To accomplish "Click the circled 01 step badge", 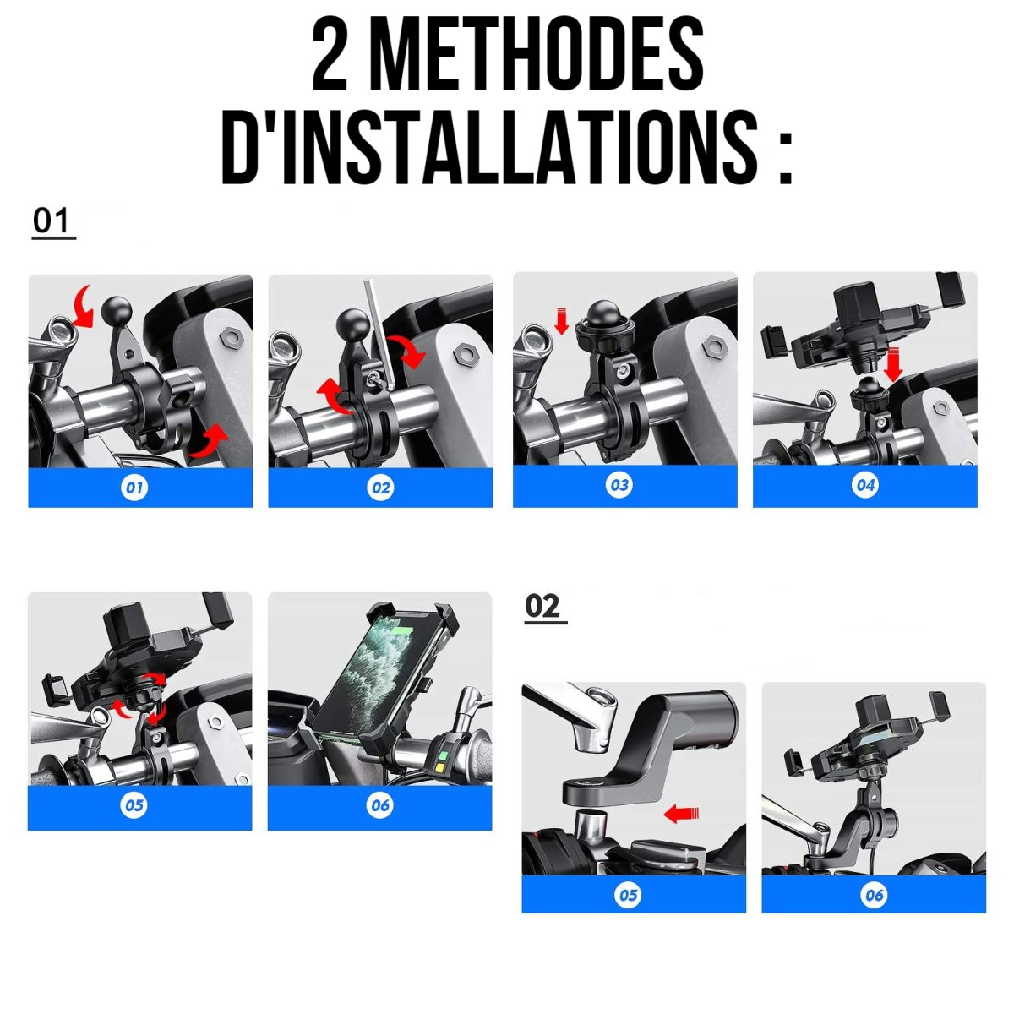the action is click(x=134, y=488).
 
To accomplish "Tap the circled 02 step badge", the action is click(x=380, y=488).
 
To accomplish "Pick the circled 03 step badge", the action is click(x=619, y=485).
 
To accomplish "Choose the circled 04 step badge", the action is click(x=865, y=485).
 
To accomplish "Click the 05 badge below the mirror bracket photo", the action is click(x=629, y=895).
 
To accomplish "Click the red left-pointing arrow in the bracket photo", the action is click(x=681, y=814).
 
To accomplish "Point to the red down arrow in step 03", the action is click(x=562, y=321).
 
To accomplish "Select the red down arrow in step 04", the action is click(x=893, y=364).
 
